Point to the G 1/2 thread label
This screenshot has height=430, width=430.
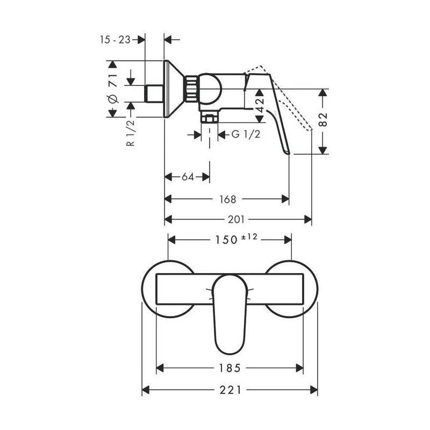[x=246, y=134]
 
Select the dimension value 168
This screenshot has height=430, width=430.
[x=228, y=199]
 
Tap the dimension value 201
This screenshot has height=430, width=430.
[x=236, y=219]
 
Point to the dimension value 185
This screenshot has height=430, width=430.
[x=230, y=368]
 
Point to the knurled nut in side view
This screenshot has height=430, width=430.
[x=191, y=88]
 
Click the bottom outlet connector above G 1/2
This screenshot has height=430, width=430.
[x=209, y=116]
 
